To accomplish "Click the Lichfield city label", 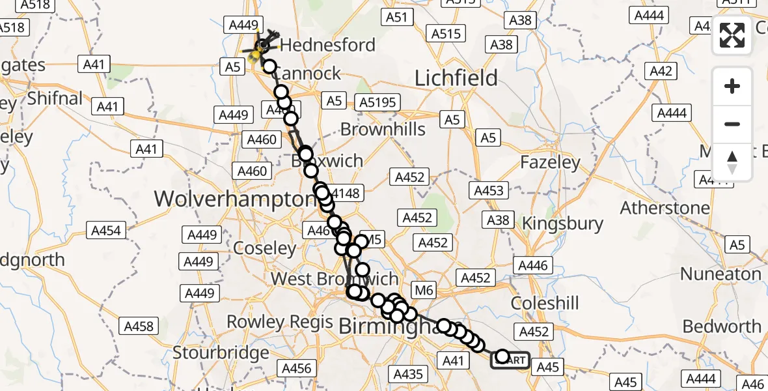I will point(456,78).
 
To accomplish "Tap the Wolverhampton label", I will point(235,199).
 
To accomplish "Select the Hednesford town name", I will point(328,45).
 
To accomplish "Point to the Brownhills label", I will point(383,129).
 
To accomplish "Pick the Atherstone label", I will point(665,209).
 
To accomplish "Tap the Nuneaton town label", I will point(721,274).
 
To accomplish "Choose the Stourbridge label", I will point(221,353).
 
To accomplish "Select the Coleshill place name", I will point(545,303).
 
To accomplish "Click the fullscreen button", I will point(732,35).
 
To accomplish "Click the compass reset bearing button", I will point(732,162).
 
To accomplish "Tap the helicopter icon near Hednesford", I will point(262,45).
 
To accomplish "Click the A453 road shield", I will point(489,190).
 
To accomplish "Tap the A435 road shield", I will point(408,373).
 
